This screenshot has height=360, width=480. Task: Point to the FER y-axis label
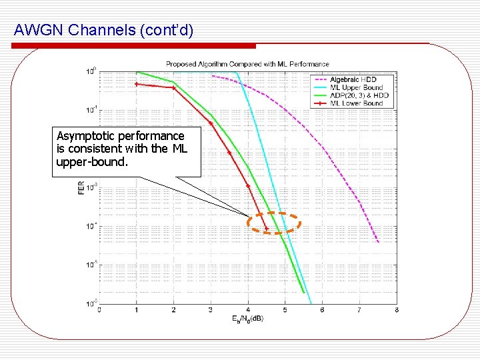tap(81, 188)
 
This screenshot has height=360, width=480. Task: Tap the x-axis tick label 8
tap(397, 309)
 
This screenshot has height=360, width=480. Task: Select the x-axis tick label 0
tap(99, 309)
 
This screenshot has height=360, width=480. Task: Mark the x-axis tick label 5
tap(285, 309)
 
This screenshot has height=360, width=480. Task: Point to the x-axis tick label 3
tap(211, 309)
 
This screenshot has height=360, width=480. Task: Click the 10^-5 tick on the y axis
tap(91, 265)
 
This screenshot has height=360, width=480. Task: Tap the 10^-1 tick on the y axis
tap(91, 109)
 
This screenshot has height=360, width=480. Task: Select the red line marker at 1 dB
tap(137, 84)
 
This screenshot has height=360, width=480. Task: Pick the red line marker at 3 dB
tap(211, 123)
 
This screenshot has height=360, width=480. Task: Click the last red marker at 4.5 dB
tap(267, 229)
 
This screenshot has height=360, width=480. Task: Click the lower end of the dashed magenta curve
tap(378, 241)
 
